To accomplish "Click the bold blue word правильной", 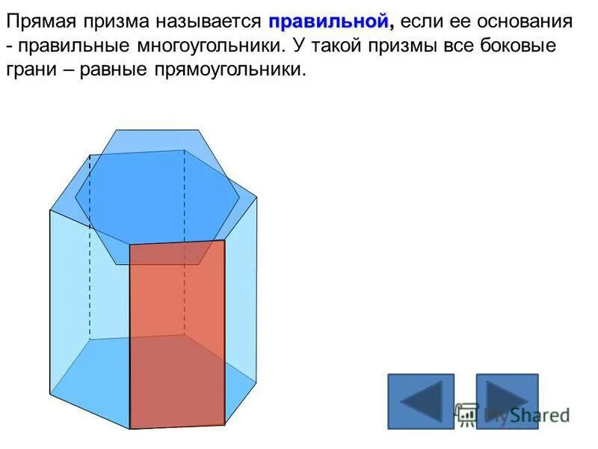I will coord(330,21).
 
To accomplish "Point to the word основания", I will coord(525,22).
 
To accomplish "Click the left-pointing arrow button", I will coord(421,400).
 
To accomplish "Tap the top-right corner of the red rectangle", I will coord(225,240).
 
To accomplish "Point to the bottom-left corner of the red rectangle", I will coord(130,429).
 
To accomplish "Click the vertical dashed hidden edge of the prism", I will coord(90,247).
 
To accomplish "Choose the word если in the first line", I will coord(422,22).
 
